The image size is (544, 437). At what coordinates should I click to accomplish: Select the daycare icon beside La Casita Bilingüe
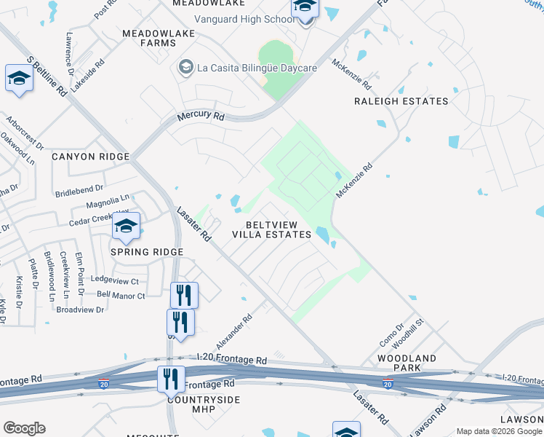(x=186, y=68)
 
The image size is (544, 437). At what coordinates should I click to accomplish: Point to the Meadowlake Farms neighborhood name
(x=149, y=38)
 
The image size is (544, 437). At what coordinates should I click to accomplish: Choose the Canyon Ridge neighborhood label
(x=90, y=157)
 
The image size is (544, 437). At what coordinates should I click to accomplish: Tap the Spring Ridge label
(x=146, y=252)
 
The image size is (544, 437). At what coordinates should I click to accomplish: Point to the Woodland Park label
(x=407, y=363)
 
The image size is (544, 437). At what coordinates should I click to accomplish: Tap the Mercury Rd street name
(x=201, y=117)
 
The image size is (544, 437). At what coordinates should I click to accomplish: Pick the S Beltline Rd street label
(x=47, y=74)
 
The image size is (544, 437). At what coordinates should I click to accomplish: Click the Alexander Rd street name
(x=234, y=331)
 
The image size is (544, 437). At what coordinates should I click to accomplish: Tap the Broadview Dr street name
(x=80, y=310)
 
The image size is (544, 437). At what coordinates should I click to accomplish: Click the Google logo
(x=24, y=428)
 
